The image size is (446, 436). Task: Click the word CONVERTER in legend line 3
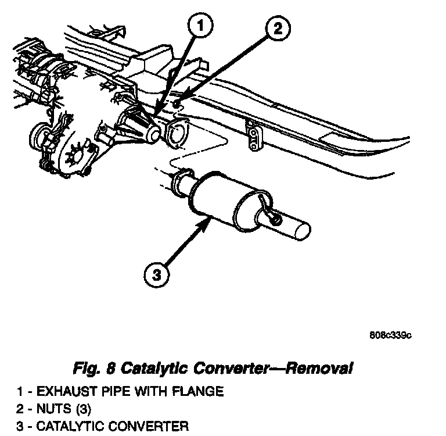pyautogui.click(x=151, y=426)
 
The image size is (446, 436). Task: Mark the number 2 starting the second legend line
pyautogui.click(x=19, y=409)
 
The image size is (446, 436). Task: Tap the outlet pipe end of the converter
pyautogui.click(x=302, y=228)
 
